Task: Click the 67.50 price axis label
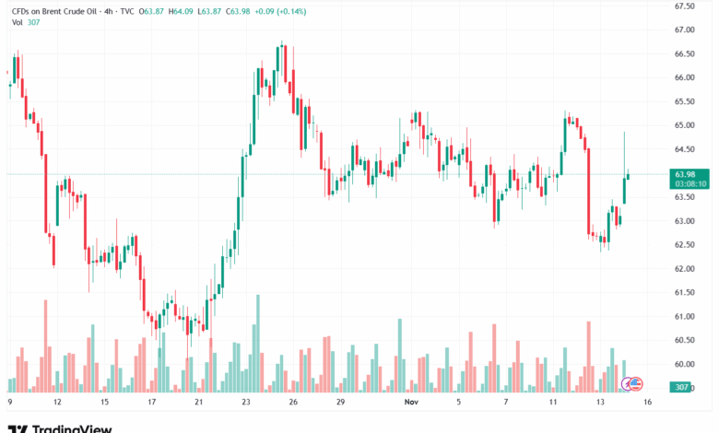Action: point(684,6)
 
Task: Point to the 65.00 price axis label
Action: point(684,125)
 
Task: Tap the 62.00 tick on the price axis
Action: point(684,269)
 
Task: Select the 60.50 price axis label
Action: point(684,341)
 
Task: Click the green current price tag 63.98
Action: point(685,174)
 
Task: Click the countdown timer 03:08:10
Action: point(690,183)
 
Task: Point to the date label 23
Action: point(245,403)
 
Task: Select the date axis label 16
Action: point(649,403)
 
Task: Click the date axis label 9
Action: point(9,403)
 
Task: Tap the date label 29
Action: point(340,403)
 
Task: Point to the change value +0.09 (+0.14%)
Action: point(284,11)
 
